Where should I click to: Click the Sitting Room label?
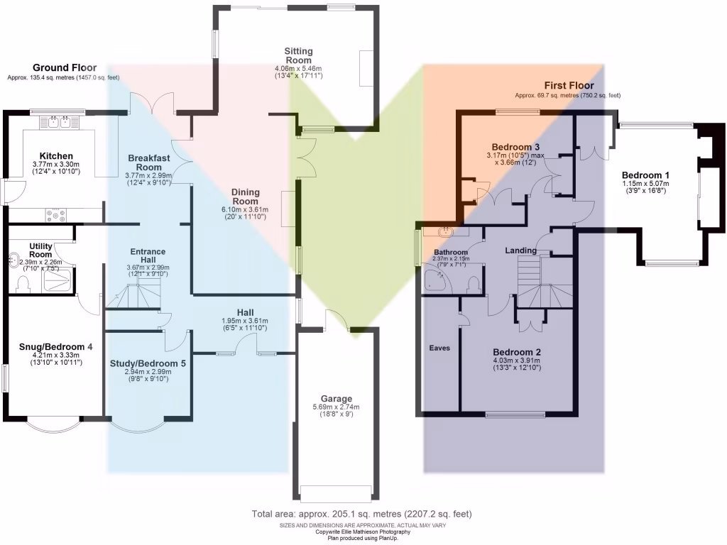299,55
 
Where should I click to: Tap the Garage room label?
336,399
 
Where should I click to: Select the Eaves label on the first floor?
439,348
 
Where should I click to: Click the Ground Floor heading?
65,68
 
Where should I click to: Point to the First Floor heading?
569,85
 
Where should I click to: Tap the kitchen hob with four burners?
55,215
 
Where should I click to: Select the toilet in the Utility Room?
22,283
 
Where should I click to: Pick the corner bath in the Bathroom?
436,279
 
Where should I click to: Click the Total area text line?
361,514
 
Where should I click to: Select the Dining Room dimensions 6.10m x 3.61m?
245,209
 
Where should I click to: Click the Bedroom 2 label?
517,352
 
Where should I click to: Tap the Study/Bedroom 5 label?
148,363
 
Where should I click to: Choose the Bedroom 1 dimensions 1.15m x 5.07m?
645,184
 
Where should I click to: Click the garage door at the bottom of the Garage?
336,493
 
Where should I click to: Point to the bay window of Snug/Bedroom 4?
54,426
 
